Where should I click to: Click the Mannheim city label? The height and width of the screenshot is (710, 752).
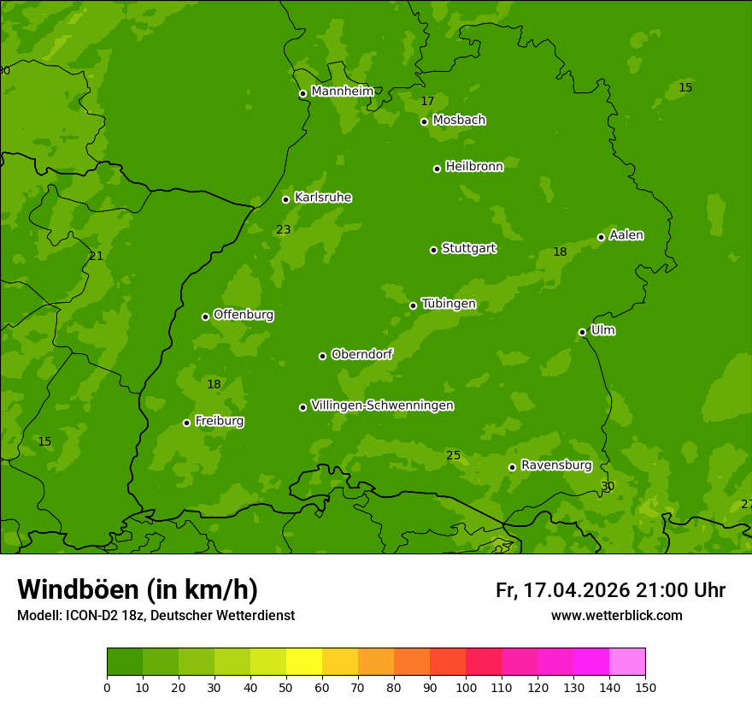(342, 92)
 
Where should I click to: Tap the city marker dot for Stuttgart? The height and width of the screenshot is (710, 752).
(433, 250)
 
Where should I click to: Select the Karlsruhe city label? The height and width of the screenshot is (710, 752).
(322, 198)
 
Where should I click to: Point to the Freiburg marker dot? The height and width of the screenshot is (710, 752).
(186, 423)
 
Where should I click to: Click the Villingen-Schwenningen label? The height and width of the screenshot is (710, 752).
(382, 405)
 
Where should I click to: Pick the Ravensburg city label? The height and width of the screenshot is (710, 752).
(555, 465)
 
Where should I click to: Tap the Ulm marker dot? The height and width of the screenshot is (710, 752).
(582, 332)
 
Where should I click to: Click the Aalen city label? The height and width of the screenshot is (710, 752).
(626, 235)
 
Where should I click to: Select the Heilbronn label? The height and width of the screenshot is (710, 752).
(474, 167)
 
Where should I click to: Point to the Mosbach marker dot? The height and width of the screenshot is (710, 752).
(424, 121)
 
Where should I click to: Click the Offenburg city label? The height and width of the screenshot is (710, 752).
(244, 315)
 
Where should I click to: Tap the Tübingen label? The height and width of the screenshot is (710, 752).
(448, 304)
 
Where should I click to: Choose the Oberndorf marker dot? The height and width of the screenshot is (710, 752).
(322, 356)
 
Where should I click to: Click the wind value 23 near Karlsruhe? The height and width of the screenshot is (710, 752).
(284, 229)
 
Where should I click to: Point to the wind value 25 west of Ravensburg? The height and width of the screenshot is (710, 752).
(453, 455)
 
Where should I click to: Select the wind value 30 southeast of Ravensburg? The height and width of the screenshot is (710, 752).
(608, 486)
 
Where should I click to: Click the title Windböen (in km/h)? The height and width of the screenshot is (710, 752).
(137, 589)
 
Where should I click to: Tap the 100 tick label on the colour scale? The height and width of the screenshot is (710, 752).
(466, 688)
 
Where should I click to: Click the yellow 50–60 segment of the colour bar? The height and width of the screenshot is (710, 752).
(304, 662)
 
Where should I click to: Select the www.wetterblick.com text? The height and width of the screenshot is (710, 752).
(616, 615)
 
